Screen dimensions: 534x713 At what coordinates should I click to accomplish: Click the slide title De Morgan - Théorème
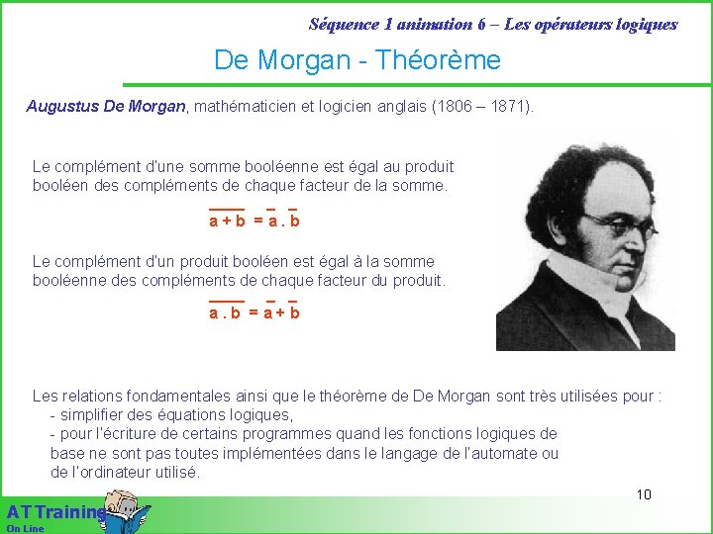tap(357, 60)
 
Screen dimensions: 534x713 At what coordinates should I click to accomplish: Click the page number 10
tap(644, 494)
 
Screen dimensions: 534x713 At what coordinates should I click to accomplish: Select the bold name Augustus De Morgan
tap(106, 106)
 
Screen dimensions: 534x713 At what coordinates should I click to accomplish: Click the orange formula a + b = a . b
tap(254, 222)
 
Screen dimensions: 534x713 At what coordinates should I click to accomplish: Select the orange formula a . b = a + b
tap(254, 312)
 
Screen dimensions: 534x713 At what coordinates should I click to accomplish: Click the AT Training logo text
tap(54, 512)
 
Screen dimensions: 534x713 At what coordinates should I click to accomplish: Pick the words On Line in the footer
tap(25, 528)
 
